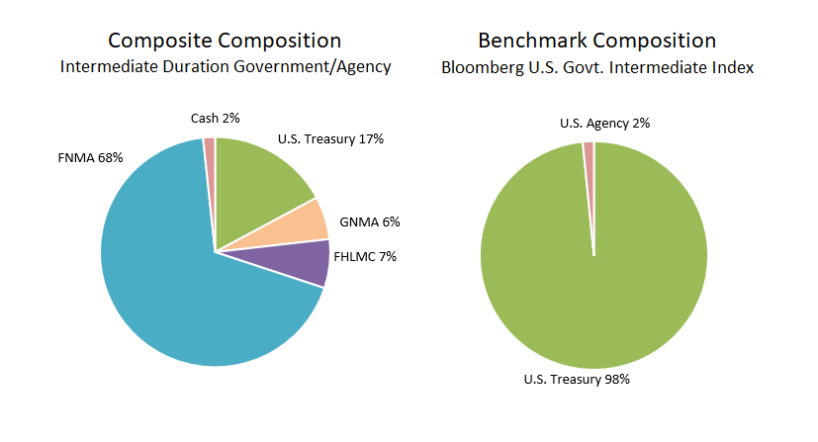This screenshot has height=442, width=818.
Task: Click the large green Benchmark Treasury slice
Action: [x=593, y=297]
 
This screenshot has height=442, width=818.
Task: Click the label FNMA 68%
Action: [x=91, y=158]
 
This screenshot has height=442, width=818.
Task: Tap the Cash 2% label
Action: [x=215, y=119]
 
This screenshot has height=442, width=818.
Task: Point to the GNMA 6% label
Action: [x=369, y=221]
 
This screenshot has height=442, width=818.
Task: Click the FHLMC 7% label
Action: [x=365, y=256]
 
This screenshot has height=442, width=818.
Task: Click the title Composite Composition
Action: [x=225, y=41]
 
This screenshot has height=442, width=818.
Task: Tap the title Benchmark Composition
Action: [x=596, y=41]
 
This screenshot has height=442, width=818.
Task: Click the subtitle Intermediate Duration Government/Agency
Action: [x=226, y=67]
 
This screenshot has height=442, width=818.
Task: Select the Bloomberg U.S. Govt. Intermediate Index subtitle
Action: [x=596, y=67]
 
